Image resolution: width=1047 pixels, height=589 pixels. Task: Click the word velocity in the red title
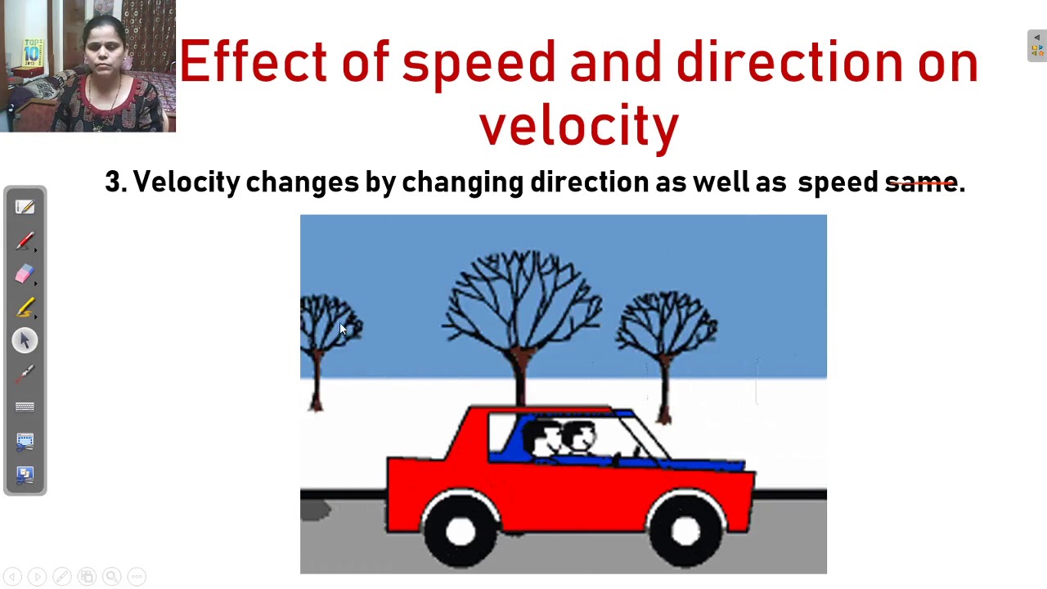578,126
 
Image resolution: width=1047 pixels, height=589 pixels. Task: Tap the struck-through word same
921,182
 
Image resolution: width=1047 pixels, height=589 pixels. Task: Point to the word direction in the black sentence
589,182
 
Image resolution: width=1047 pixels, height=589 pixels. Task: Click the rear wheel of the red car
461,531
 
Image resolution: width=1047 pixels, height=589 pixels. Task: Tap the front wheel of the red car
685,531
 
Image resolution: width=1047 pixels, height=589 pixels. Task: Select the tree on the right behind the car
667,327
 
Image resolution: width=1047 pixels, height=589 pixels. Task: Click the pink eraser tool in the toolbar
25,274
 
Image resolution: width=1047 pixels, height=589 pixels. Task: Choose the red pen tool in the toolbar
25,241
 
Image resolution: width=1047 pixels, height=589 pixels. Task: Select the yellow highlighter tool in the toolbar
25,307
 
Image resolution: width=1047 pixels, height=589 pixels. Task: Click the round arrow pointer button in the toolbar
25,340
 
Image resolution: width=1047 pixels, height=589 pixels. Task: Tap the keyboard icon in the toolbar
25,407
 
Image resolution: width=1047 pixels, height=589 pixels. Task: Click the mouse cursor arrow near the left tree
343,329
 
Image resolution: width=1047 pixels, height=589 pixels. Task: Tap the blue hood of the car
703,465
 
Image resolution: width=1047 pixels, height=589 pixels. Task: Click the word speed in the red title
478,62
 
